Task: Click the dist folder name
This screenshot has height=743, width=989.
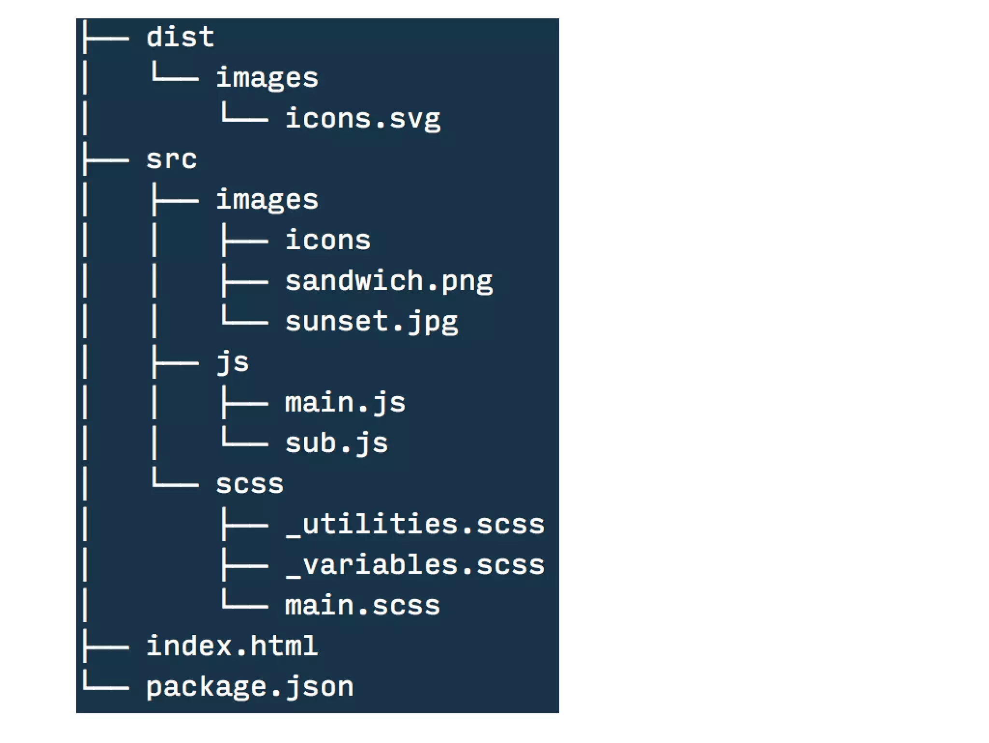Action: [180, 37]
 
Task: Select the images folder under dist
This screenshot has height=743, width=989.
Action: [267, 78]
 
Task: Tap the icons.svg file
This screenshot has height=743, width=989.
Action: [363, 118]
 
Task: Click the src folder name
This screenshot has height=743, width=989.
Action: [171, 159]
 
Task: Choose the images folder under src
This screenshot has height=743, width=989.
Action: [267, 200]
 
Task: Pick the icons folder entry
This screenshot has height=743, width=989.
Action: [328, 240]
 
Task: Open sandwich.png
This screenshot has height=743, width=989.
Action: [389, 281]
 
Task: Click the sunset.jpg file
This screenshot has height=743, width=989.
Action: [371, 321]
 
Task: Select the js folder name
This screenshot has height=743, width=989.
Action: [232, 362]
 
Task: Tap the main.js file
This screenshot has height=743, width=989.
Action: [345, 402]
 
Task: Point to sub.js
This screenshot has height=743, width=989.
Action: [337, 443]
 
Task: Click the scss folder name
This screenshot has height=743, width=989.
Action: [250, 484]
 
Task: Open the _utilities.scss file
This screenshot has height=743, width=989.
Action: [415, 524]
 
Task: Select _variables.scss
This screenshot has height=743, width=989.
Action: [415, 565]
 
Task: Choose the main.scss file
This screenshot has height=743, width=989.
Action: [363, 605]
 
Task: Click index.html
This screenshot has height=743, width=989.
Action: [232, 646]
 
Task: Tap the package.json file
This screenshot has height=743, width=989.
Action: [250, 686]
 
